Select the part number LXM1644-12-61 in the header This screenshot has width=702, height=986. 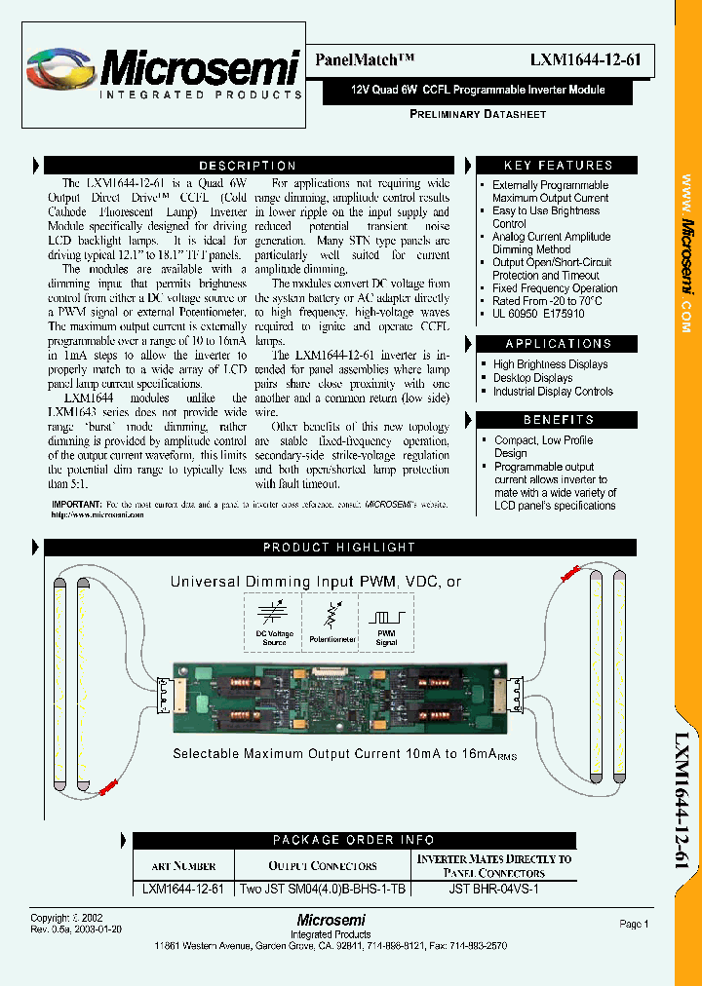coord(585,59)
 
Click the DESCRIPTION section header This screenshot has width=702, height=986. coord(248,166)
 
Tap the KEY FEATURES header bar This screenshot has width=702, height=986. coord(558,166)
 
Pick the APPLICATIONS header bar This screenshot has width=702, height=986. coord(558,344)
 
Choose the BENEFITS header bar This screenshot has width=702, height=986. coord(558,420)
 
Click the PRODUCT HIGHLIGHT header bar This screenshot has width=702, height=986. coord(339,548)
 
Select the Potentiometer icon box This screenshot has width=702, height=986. coord(331,623)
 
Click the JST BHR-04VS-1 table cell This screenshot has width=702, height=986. coord(493,889)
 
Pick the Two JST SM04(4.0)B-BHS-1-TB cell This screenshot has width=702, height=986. coord(323,889)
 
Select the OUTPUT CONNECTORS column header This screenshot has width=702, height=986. coord(323,865)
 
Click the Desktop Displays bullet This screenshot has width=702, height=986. coord(532,378)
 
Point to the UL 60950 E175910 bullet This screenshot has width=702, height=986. coord(538,315)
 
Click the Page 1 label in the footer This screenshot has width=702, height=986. coord(633,924)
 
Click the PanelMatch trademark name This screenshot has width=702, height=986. coord(359,59)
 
